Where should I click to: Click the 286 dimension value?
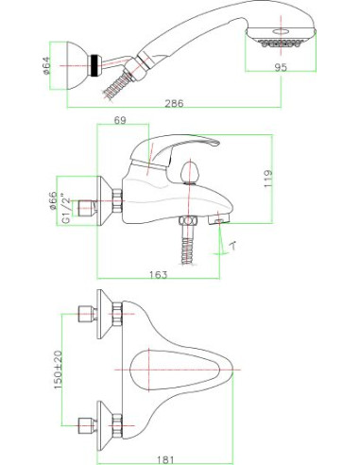[174, 103]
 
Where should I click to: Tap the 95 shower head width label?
[281, 67]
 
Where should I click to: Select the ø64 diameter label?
[46, 65]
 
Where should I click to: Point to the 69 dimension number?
[120, 120]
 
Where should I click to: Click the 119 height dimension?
[268, 179]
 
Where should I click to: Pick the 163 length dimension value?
[158, 274]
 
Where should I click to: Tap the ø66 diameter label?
[52, 200]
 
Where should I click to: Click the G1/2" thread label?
[66, 208]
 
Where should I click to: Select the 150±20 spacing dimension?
[59, 370]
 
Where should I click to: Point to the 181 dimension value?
[165, 460]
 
